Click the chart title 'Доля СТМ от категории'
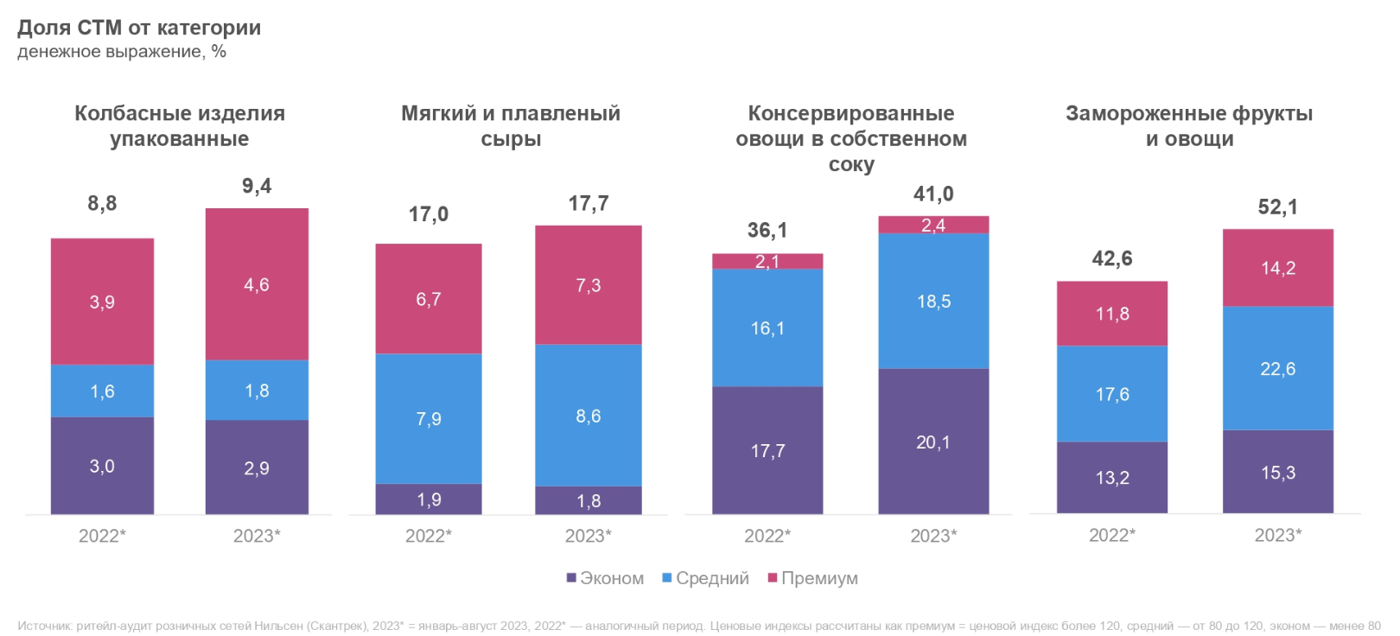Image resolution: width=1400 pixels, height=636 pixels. [139, 28]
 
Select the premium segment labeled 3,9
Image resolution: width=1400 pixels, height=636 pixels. [102, 302]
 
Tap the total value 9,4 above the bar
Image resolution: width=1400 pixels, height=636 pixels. [257, 186]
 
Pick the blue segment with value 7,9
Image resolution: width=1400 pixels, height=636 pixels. [429, 419]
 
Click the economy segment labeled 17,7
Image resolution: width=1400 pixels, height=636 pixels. [767, 451]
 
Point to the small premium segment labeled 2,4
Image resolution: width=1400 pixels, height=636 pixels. [933, 226]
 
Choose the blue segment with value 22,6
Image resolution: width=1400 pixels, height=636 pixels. [1277, 369]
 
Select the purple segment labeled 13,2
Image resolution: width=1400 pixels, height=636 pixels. [1112, 478]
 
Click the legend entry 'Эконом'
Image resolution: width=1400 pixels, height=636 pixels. [605, 578]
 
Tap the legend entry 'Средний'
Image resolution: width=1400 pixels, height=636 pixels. [705, 578]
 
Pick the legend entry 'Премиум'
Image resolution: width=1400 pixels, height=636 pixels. [812, 578]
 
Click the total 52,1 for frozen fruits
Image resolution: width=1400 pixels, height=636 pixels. [1277, 207]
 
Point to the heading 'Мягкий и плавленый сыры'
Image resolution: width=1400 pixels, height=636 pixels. [511, 126]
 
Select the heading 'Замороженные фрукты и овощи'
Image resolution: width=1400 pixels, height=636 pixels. [1189, 126]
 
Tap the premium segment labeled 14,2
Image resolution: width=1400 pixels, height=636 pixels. [1277, 268]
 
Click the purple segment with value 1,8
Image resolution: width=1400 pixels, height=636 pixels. [589, 501]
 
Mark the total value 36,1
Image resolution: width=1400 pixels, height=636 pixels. [767, 230]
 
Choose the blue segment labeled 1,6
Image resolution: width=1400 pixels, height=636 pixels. [102, 391]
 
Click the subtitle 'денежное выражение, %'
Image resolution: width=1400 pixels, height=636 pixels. [122, 52]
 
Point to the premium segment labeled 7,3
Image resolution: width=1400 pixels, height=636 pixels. [589, 285]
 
